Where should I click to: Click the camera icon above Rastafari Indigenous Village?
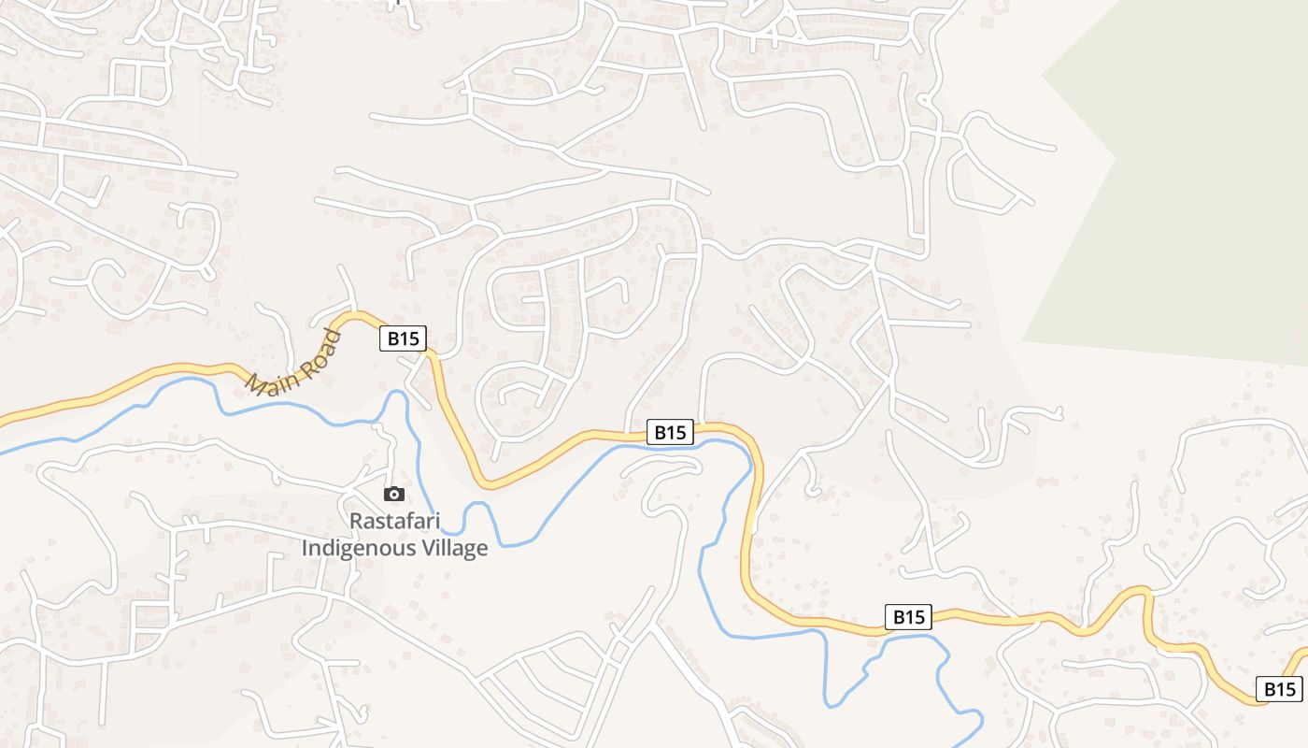pos(394,494)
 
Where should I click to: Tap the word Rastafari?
pos(394,521)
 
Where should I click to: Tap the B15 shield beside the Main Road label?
pos(404,338)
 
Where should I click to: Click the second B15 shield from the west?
pos(671,432)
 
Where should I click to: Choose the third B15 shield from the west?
pos(908,616)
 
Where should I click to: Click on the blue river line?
pos(561,486)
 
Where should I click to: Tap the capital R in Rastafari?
pos(356,521)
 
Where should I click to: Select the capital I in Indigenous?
pos(305,547)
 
